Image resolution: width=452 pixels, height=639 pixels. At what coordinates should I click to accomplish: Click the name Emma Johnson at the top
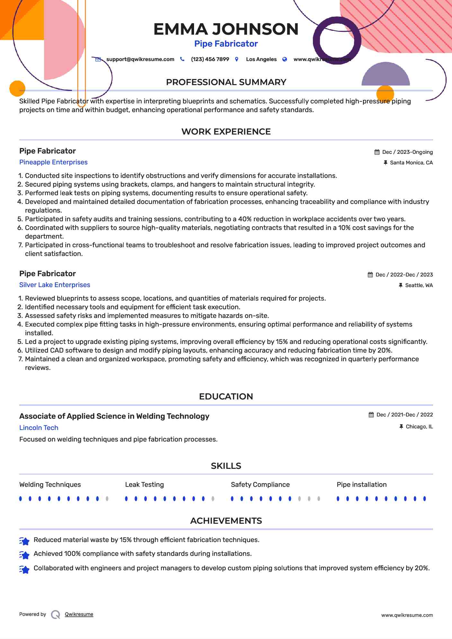[x=226, y=29]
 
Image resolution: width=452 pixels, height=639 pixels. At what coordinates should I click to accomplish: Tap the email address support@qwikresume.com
[x=140, y=59]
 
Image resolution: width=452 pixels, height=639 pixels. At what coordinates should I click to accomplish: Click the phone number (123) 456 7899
[x=210, y=59]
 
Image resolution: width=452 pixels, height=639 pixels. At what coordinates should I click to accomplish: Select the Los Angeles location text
[x=261, y=59]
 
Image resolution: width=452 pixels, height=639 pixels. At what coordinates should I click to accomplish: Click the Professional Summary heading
[x=226, y=82]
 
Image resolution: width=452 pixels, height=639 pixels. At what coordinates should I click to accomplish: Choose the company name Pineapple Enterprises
[x=53, y=162]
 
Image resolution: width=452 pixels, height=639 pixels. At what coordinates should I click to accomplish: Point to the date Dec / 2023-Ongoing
[x=407, y=152]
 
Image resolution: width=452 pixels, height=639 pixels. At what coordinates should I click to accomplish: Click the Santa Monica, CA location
[x=411, y=163]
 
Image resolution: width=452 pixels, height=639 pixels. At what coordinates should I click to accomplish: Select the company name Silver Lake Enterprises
[x=55, y=285]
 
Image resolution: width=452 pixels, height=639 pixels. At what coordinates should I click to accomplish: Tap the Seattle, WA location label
[x=419, y=285]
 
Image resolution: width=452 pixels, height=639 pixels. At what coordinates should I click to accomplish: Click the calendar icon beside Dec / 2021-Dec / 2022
[x=371, y=415]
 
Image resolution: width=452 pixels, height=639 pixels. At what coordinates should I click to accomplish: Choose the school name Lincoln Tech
[x=39, y=428]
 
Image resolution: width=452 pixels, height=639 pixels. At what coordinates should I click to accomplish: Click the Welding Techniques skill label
[x=50, y=485]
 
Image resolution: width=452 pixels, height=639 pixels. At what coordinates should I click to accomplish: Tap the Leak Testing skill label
[x=144, y=485]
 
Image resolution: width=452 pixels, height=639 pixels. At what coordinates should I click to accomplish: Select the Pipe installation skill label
[x=361, y=485]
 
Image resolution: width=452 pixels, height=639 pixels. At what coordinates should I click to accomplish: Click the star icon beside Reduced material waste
[x=24, y=541]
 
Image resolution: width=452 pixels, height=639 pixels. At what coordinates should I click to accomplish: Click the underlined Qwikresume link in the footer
[x=79, y=614]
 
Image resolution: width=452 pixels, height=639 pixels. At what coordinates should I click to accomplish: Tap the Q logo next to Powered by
[x=56, y=615]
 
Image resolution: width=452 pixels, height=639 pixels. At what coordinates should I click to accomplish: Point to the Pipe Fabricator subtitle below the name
[x=226, y=44]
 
